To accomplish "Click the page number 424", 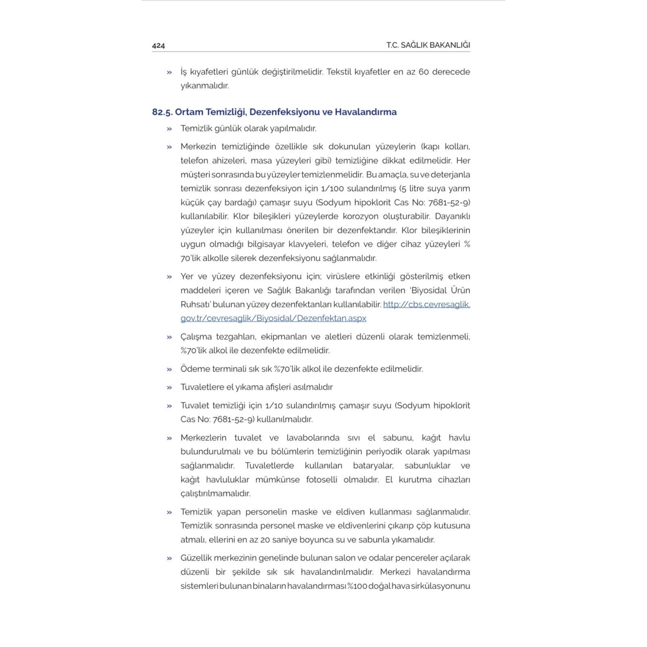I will click(158, 45).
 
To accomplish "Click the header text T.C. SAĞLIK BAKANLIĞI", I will click(428, 45).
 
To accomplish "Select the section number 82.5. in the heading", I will click(162, 112).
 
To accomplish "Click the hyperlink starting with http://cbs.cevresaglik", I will click(426, 305).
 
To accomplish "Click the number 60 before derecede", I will click(423, 72).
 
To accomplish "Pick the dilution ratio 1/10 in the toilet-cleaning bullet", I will click(274, 406).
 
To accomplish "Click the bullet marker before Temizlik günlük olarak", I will click(169, 129).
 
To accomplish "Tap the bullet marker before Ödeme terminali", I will click(169, 369).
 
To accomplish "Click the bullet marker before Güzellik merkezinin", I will click(169, 558).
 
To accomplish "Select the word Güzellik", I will click(196, 558).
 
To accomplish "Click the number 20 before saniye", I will click(265, 540).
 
